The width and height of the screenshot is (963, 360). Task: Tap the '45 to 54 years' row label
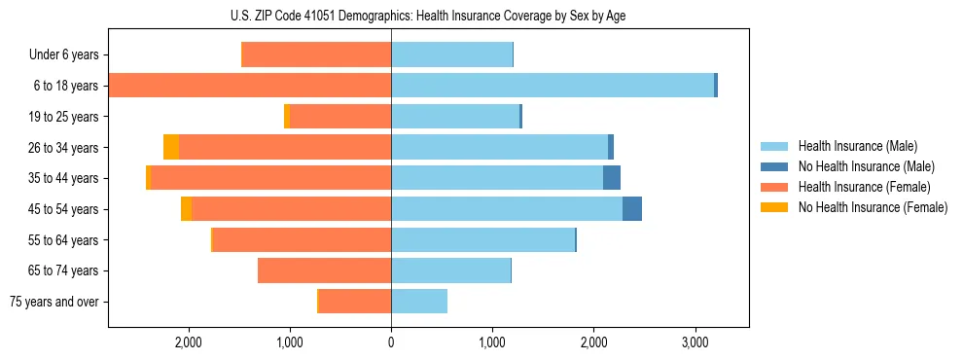click(x=64, y=209)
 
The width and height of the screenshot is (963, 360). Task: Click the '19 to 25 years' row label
click(x=64, y=117)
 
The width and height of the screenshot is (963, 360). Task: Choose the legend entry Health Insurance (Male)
click(x=856, y=146)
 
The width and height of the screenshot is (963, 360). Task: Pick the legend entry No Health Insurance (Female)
click(x=873, y=207)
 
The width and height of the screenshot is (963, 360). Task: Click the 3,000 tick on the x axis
click(x=695, y=342)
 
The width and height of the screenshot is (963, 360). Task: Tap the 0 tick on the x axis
click(x=391, y=342)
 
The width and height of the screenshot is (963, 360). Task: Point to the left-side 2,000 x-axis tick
click(x=188, y=342)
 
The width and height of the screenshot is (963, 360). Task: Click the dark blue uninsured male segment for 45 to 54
click(x=632, y=209)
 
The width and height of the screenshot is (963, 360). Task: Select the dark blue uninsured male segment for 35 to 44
click(x=612, y=178)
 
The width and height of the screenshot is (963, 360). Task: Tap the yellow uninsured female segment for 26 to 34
click(x=171, y=147)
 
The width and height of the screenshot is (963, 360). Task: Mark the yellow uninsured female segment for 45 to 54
click(x=186, y=209)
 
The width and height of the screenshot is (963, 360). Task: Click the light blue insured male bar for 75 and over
click(x=419, y=302)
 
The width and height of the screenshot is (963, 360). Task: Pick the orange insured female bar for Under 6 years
click(x=316, y=55)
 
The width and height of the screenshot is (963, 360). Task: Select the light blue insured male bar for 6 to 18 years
click(x=553, y=86)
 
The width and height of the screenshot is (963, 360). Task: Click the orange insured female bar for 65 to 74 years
click(x=324, y=270)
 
